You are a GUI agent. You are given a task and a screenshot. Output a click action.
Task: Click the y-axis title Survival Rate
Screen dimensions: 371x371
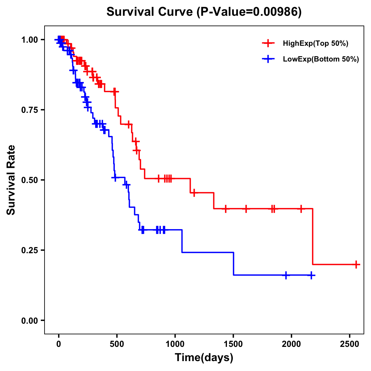click(11, 180)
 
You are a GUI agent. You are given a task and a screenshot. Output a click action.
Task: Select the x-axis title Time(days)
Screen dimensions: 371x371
click(204, 358)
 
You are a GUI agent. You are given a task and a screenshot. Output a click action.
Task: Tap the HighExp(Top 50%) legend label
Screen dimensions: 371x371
click(316, 44)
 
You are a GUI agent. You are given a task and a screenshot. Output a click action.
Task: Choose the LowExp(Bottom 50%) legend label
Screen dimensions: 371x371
click(321, 59)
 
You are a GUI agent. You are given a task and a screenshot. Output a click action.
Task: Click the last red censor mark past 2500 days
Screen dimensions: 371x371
click(356, 265)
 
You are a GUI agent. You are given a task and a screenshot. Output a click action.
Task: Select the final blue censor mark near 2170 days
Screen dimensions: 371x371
click(311, 275)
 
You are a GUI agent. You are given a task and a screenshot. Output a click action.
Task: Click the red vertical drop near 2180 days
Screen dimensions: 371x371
click(313, 237)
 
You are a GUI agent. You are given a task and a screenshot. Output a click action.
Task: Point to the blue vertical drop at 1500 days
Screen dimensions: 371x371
click(233, 264)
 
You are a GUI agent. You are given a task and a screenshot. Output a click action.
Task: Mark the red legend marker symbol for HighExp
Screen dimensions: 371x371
click(268, 44)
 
